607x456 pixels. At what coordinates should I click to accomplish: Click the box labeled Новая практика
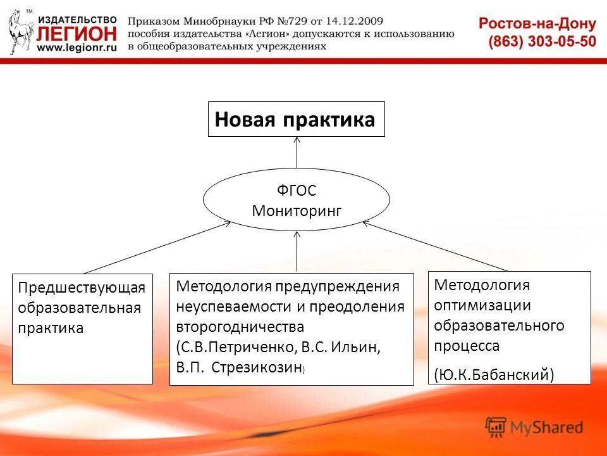click(296, 119)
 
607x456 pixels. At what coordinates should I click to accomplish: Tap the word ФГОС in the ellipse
click(296, 190)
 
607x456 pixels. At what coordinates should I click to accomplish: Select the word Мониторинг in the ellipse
click(296, 211)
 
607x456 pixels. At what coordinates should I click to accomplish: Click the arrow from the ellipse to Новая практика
click(297, 152)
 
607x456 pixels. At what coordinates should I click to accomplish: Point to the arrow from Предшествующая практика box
click(158, 247)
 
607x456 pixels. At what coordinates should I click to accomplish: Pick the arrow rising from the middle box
click(297, 251)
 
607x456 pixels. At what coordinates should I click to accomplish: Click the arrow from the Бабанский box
click(436, 247)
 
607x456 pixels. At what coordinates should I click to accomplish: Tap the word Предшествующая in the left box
click(82, 288)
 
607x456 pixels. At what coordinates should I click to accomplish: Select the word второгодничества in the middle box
click(240, 327)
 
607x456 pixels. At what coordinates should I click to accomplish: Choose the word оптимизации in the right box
click(482, 305)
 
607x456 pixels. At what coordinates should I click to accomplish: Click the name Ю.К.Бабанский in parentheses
click(494, 374)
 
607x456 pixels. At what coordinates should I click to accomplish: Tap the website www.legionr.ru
click(77, 47)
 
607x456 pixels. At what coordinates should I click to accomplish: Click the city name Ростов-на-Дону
click(537, 24)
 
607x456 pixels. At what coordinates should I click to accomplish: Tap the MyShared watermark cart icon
click(496, 427)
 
